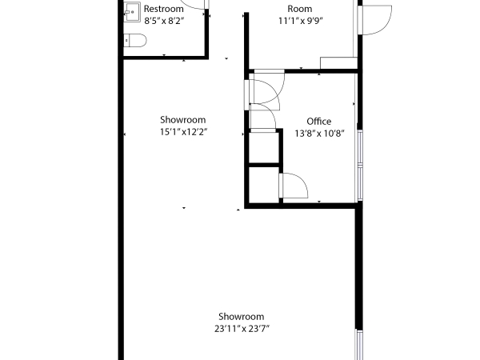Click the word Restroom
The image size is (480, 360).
(164, 9)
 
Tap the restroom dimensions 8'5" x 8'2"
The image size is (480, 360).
(164, 22)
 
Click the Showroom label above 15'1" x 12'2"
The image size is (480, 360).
(178, 120)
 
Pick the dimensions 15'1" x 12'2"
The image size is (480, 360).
(178, 132)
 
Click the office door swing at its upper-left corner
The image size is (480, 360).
(269, 88)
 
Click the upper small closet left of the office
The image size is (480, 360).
(262, 146)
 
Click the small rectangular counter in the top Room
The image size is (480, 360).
(337, 64)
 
